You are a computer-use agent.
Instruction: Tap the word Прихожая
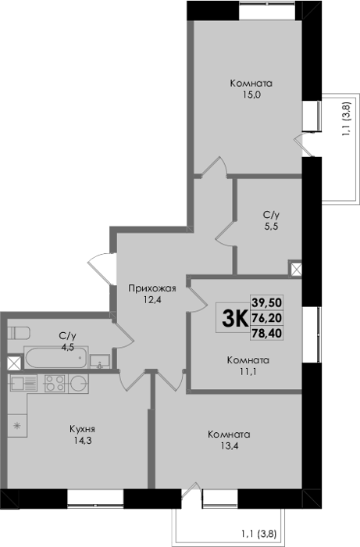(152, 289)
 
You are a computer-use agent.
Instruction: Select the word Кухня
(82, 429)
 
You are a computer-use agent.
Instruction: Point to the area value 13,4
(229, 446)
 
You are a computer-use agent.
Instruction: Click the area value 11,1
(248, 371)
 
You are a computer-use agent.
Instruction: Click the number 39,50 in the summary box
(266, 302)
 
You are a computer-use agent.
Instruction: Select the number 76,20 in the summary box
(266, 318)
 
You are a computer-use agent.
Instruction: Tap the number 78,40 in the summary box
(266, 334)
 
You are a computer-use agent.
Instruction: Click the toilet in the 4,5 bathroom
(19, 333)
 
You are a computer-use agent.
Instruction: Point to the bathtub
(55, 357)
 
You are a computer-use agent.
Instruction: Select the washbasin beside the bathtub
(100, 361)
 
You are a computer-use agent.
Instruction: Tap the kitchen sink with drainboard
(23, 383)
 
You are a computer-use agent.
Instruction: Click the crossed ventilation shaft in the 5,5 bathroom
(295, 269)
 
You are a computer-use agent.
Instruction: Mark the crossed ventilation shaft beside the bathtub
(14, 363)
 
